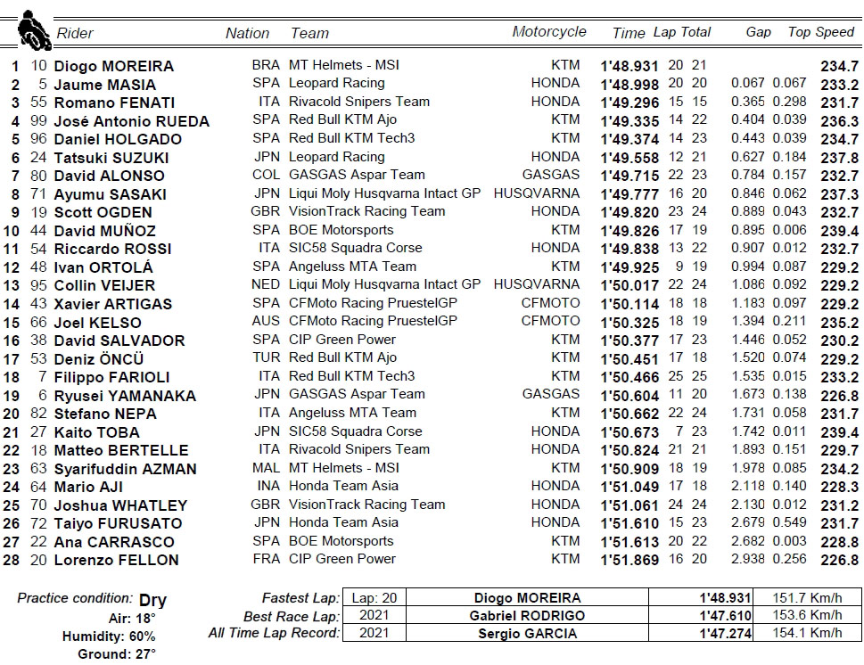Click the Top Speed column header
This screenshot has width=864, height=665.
[x=821, y=32]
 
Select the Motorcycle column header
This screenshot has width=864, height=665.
[x=549, y=32]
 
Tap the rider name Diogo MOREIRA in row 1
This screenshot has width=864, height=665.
[x=114, y=66]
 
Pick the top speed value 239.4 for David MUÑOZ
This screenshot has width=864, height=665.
[x=839, y=230]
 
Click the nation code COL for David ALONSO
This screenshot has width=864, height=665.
[x=266, y=176]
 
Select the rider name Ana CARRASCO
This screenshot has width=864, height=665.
[x=117, y=542]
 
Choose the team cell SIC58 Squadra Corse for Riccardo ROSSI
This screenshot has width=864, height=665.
[x=355, y=248]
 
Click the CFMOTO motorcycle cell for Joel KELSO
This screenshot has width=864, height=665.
[x=550, y=321]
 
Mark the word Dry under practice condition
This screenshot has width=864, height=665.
[x=152, y=600]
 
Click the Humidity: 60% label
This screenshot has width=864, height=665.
[x=109, y=636]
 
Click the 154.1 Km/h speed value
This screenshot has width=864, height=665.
[x=809, y=634]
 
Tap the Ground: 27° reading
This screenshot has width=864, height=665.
[x=117, y=654]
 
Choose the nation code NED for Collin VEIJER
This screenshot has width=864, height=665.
[x=266, y=285]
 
